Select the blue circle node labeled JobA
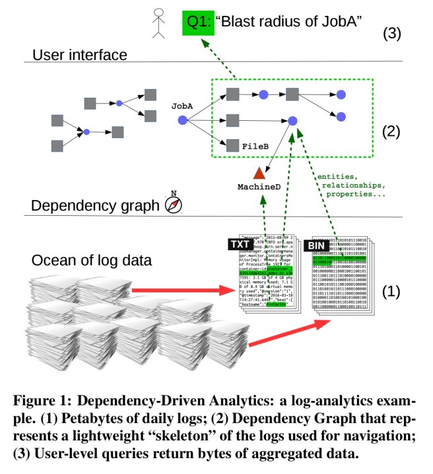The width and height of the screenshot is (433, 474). point(182,119)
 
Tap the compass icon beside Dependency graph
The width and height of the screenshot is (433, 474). point(172,204)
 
